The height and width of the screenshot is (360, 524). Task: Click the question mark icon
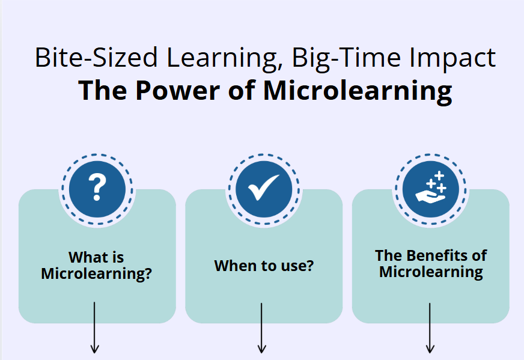coord(97,187)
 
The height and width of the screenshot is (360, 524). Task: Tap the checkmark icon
coord(264,187)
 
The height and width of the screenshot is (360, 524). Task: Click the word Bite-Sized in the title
coord(96,58)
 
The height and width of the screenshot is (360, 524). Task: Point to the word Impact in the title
coord(452,58)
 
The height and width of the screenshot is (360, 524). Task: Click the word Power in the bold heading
coord(177,90)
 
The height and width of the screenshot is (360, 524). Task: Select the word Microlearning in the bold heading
coord(358,91)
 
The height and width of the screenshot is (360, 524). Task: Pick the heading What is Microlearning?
coord(96,266)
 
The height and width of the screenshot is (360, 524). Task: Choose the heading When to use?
coord(264,266)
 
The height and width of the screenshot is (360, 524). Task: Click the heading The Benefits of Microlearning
coord(431,263)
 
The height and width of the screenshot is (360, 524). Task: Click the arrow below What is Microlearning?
coord(94,328)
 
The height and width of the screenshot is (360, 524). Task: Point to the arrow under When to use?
coord(261,328)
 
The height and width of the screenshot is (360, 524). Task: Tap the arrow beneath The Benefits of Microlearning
coord(430,328)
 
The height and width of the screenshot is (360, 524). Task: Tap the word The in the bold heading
coord(102,90)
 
